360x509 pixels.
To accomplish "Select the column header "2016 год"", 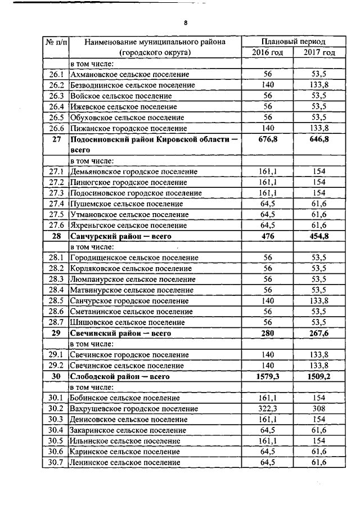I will coord(267,52).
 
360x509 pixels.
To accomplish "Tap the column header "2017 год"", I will coord(319,52).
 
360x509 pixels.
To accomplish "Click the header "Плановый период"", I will coord(293,42).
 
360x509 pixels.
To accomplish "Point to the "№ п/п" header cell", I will coord(56,42).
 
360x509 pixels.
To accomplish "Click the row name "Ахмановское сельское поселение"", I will coord(129,74).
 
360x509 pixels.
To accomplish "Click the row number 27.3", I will coord(56,193).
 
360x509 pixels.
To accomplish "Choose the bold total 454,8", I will coord(319,236).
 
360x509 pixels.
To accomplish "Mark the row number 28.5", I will coord(56,301).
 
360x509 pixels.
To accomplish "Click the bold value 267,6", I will coord(319,334).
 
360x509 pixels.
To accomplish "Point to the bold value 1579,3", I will coord(267,376).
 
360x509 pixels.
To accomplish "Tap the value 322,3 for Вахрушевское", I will coord(267,409).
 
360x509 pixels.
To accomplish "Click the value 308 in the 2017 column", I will coord(319,409).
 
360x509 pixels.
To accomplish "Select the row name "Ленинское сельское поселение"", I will coord(125,462).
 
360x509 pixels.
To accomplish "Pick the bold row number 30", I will coord(56,376).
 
